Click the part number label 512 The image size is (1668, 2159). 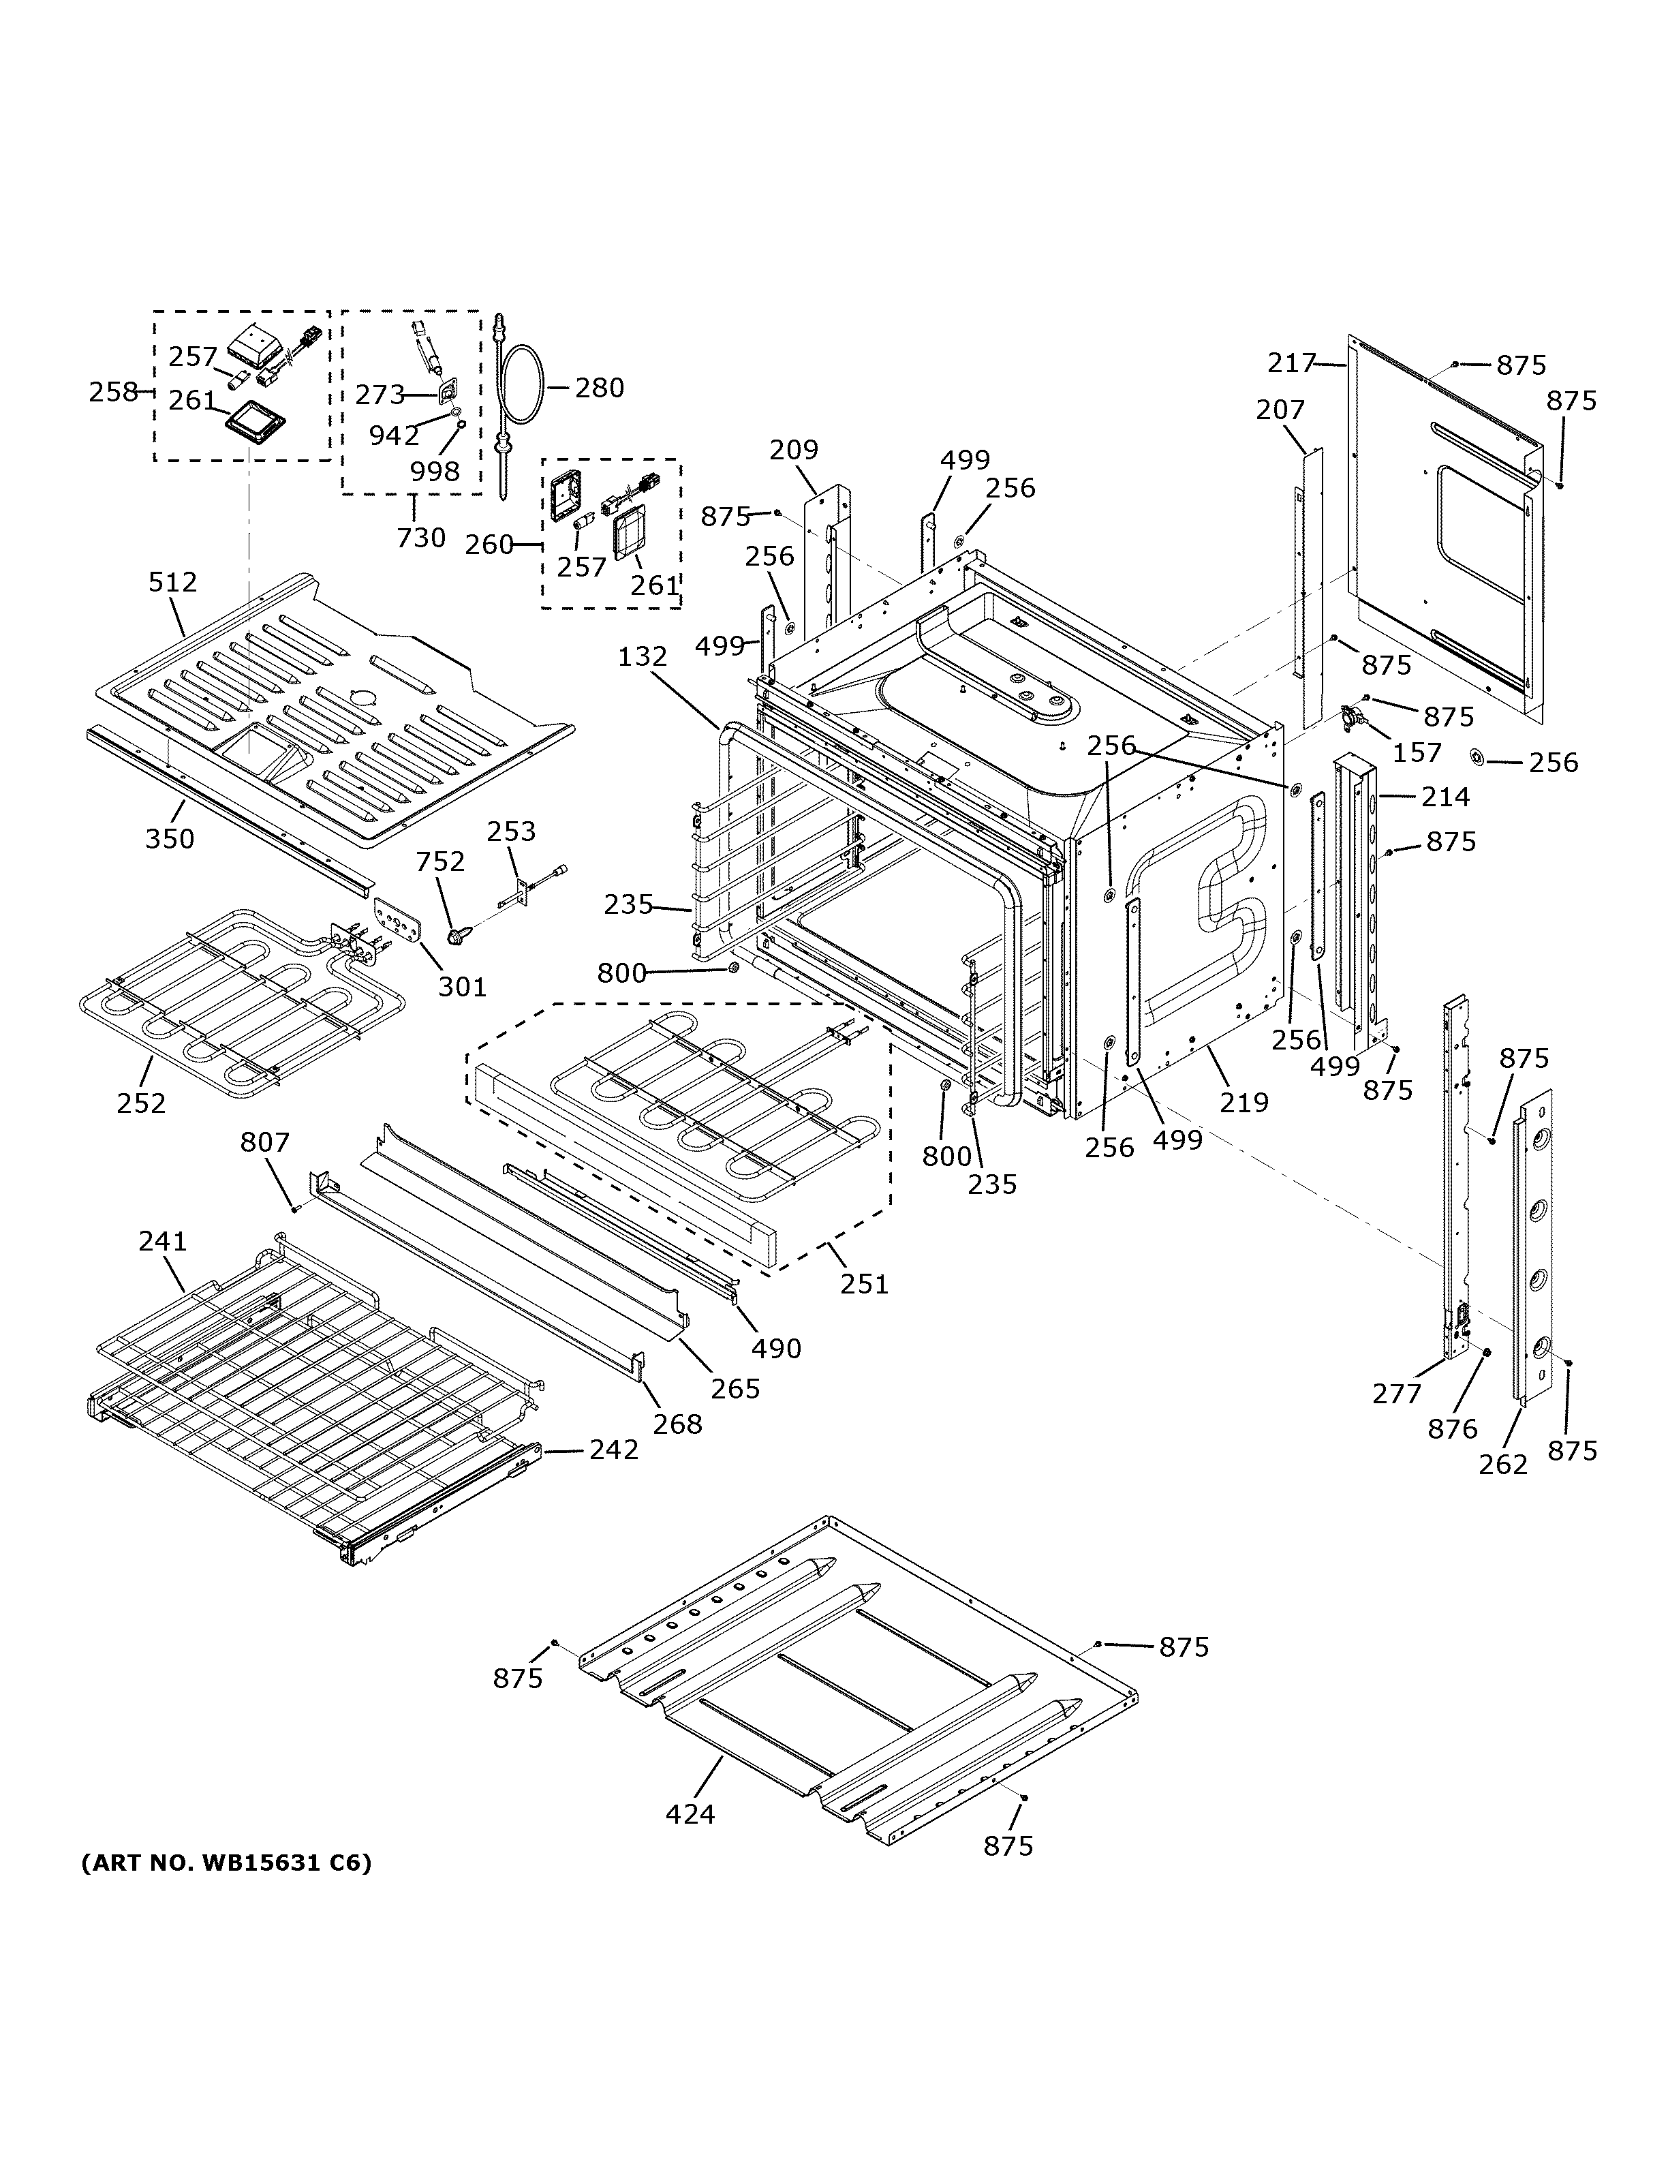click(x=173, y=582)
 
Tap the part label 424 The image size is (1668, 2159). click(x=690, y=1814)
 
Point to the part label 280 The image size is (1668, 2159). click(x=599, y=388)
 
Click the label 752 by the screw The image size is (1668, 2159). click(x=439, y=862)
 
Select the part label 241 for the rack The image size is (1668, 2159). click(x=162, y=1240)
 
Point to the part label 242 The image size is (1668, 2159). click(x=614, y=1450)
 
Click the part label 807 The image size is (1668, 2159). click(x=265, y=1143)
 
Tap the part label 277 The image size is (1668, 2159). click(x=1396, y=1394)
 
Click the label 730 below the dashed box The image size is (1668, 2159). click(x=421, y=538)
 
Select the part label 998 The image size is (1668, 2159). click(x=435, y=472)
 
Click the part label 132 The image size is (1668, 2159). click(x=643, y=656)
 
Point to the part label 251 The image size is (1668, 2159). click(x=865, y=1283)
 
